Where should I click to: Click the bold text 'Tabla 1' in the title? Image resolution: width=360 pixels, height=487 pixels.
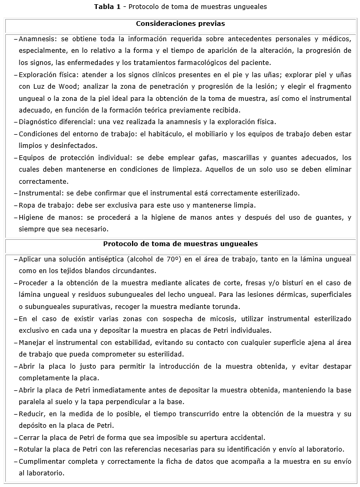coord(107,7)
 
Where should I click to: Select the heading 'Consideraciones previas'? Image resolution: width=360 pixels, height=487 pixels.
coord(180,24)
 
